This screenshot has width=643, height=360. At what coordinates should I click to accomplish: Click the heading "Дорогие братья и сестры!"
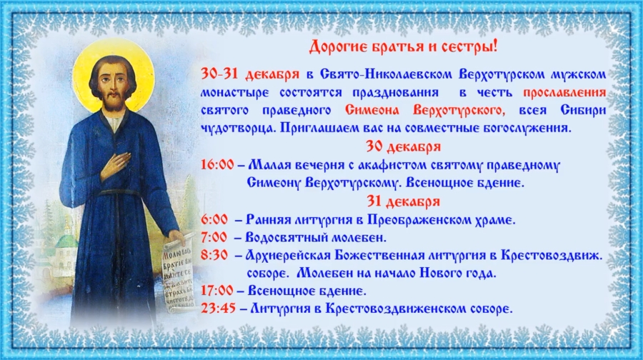pyautogui.click(x=403, y=46)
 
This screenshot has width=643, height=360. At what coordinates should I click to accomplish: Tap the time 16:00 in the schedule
pyautogui.click(x=217, y=165)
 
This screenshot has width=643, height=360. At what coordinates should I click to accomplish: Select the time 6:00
pyautogui.click(x=214, y=220)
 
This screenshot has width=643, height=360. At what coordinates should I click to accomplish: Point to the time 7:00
pyautogui.click(x=214, y=237)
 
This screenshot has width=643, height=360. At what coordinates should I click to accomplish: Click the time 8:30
pyautogui.click(x=214, y=255)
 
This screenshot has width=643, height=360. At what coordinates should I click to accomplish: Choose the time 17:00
pyautogui.click(x=217, y=291)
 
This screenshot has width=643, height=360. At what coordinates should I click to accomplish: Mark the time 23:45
pyautogui.click(x=219, y=308)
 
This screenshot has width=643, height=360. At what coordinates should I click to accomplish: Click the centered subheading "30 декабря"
pyautogui.click(x=404, y=147)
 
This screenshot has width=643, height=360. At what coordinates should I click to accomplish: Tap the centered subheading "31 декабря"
pyautogui.click(x=404, y=201)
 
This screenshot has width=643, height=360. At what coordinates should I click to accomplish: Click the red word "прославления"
pyautogui.click(x=564, y=92)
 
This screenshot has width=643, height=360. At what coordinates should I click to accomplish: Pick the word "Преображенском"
pyautogui.click(x=415, y=220)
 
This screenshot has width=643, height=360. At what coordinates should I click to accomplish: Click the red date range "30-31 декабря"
pyautogui.click(x=250, y=74)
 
